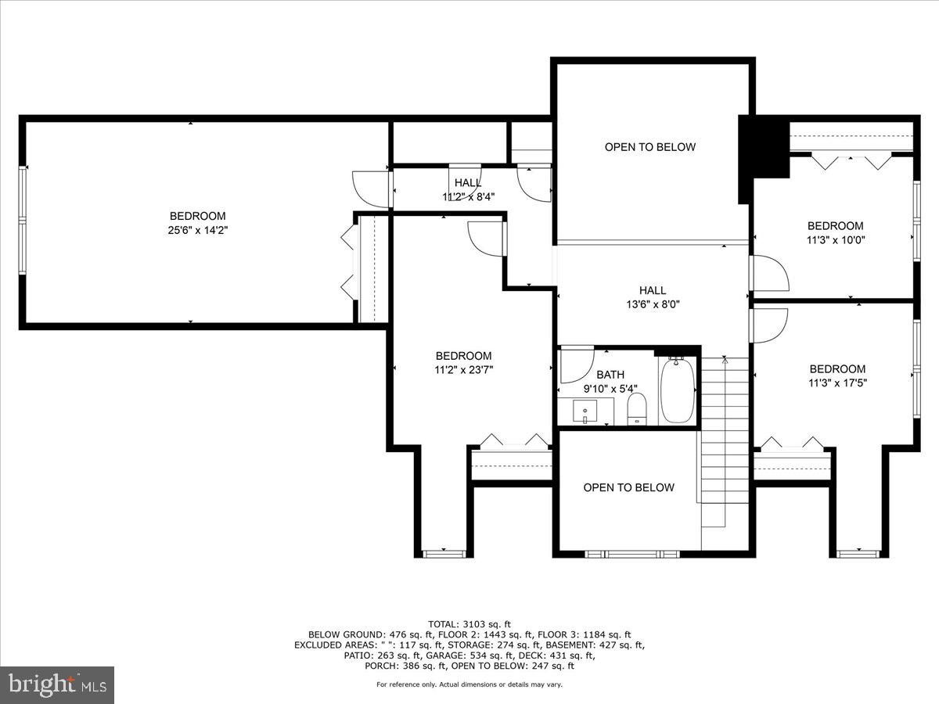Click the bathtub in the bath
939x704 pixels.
click(x=678, y=390)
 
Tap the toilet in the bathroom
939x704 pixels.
click(x=638, y=409)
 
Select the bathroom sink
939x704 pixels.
click(x=585, y=409)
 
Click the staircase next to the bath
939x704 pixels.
click(x=724, y=438)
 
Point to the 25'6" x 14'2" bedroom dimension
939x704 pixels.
click(x=198, y=230)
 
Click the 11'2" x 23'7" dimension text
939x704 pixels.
click(x=464, y=370)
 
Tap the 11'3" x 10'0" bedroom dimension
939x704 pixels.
click(x=836, y=240)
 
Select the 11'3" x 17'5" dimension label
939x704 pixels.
click(x=837, y=383)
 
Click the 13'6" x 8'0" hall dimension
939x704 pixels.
click(x=652, y=305)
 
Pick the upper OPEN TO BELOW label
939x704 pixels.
click(x=649, y=147)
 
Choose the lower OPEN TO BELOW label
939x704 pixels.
click(x=628, y=487)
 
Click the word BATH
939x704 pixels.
click(x=610, y=375)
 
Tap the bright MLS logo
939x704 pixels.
click(x=57, y=685)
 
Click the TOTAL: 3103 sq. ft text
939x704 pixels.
click(x=469, y=623)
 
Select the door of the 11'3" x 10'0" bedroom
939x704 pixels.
click(x=768, y=274)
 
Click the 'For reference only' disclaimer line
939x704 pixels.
click(x=469, y=684)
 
